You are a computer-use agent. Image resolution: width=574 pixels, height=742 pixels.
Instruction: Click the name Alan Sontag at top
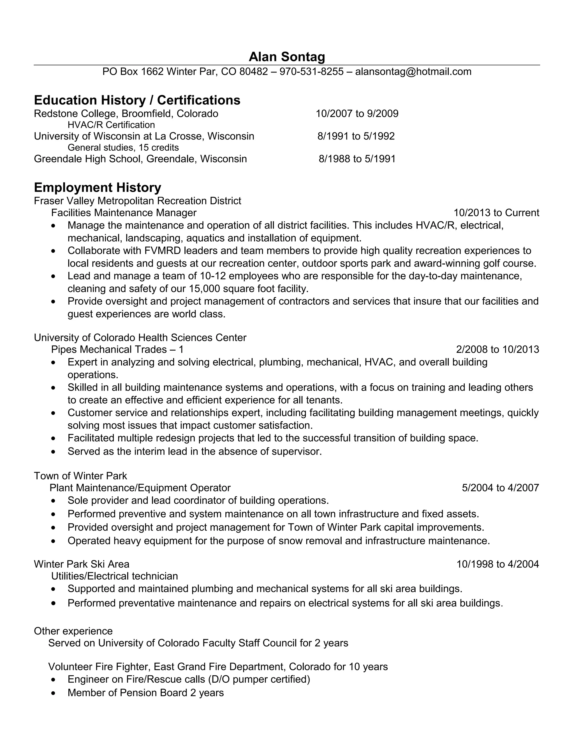click(287, 57)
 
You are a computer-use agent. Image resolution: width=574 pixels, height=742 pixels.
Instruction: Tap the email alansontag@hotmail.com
click(413, 72)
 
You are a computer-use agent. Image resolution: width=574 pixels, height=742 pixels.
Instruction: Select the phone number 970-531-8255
click(311, 72)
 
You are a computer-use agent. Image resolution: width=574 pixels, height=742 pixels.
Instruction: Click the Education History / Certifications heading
click(137, 100)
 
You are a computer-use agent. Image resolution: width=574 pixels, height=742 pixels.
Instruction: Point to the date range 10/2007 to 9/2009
click(357, 113)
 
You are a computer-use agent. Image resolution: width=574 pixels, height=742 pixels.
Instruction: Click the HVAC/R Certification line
click(111, 125)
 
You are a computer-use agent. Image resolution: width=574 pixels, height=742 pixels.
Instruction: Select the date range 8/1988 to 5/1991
click(357, 159)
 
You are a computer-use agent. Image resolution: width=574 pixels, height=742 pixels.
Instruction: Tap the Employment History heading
click(98, 188)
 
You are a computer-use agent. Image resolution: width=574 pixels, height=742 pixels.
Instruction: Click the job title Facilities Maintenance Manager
click(124, 213)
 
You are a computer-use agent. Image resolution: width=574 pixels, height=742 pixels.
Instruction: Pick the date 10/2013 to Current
click(496, 213)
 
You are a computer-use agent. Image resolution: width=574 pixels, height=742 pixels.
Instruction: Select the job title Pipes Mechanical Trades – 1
click(117, 350)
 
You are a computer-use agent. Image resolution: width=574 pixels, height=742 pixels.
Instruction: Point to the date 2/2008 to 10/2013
click(497, 350)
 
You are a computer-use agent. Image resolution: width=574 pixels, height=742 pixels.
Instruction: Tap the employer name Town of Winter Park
click(81, 476)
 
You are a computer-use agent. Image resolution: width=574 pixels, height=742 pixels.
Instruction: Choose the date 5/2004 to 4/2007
click(500, 488)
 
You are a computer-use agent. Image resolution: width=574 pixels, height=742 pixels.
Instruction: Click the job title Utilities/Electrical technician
click(115, 576)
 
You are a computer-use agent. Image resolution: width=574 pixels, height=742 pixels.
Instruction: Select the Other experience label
click(73, 631)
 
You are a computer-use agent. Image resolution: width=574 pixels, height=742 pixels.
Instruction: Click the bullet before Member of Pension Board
click(53, 693)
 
